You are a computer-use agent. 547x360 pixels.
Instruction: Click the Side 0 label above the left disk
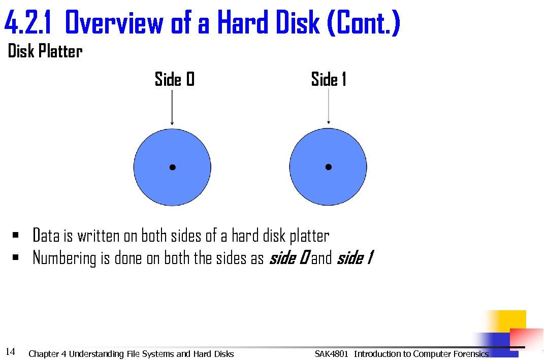click(x=174, y=80)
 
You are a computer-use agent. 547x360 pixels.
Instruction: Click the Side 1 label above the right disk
click(x=329, y=80)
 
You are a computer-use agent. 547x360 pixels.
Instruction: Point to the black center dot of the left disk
click(x=173, y=167)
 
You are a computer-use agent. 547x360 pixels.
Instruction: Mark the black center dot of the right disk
click(x=329, y=167)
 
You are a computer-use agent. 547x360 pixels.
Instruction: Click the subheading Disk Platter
click(x=45, y=51)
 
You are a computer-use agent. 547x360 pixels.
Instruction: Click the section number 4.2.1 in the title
click(x=30, y=23)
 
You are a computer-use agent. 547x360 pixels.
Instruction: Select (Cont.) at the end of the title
click(x=364, y=23)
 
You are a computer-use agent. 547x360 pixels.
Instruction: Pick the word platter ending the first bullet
click(x=309, y=236)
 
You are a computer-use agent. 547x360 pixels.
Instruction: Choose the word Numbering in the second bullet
click(x=65, y=258)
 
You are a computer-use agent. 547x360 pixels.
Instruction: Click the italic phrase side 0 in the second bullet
click(x=288, y=258)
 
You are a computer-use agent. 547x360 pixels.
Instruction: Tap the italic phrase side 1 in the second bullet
click(x=355, y=258)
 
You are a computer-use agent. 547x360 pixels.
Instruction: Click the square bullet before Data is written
click(x=16, y=235)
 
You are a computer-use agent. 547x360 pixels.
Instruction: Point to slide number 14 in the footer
click(x=10, y=351)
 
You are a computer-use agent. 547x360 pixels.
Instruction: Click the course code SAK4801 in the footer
click(x=331, y=354)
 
